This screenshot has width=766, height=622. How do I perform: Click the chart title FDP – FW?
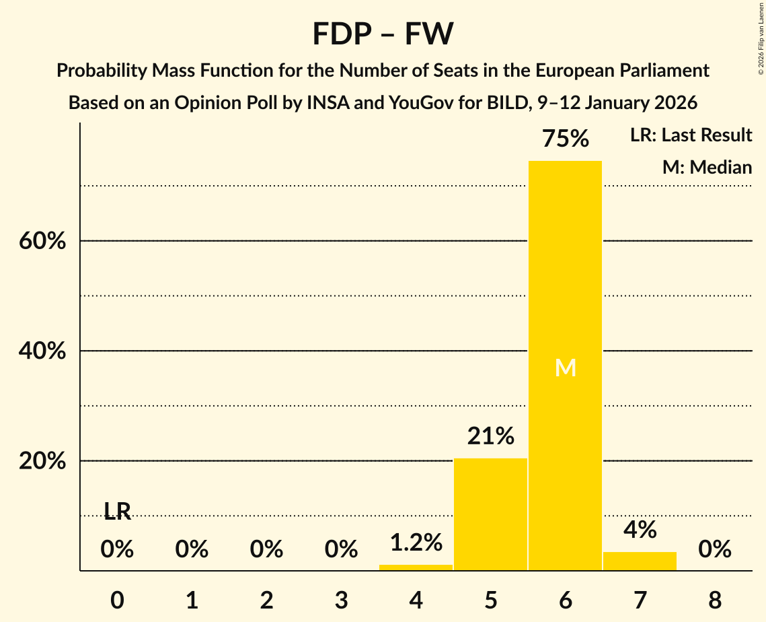383,34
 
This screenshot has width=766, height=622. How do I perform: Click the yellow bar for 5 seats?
490,514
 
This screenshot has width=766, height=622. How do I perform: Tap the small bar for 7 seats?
640,561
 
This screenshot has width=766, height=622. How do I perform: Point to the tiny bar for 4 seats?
416,567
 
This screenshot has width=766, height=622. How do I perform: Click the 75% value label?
565,139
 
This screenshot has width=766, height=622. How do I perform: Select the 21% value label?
490,437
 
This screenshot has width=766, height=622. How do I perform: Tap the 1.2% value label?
416,542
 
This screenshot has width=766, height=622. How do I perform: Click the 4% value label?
640,530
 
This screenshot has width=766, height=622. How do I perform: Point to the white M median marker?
565,368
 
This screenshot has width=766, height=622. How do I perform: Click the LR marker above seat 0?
117,512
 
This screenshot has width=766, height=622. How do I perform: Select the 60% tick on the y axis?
42,241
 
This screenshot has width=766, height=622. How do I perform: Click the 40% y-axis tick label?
42,351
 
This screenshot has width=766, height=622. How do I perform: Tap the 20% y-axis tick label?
42,462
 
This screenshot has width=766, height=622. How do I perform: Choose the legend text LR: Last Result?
691,135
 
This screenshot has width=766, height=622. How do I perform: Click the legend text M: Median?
707,168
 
